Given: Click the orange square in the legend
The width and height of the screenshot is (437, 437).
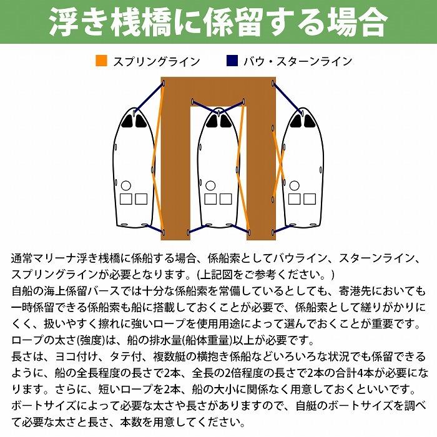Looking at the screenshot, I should (x=101, y=61).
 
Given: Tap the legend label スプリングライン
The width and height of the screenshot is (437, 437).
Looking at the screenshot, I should (x=156, y=61).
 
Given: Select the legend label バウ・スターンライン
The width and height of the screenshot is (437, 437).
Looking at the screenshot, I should (x=298, y=61).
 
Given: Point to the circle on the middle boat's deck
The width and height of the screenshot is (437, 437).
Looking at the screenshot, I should (x=210, y=185).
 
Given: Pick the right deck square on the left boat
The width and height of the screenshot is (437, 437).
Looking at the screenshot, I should (x=141, y=199).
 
